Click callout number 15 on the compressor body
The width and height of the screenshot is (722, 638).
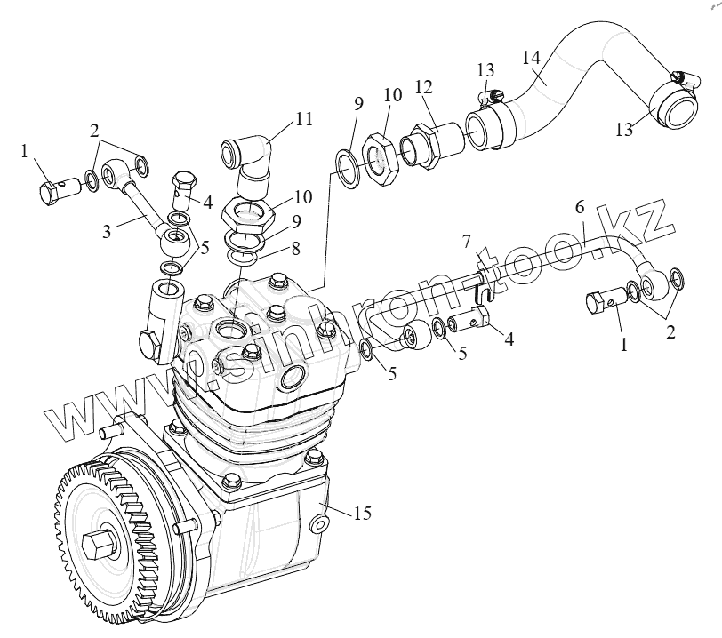tap(361, 514)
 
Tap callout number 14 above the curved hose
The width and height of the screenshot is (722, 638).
tap(532, 58)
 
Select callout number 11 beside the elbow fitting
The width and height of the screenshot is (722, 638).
tap(305, 119)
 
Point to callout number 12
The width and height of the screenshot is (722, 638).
tap(423, 88)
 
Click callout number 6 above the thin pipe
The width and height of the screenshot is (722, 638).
tap(579, 207)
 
